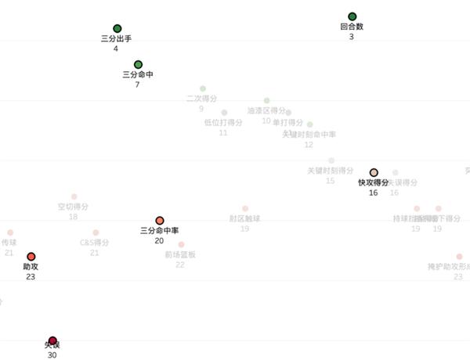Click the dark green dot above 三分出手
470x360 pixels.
click(117, 29)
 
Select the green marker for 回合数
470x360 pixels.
click(352, 16)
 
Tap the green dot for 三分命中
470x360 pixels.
click(138, 64)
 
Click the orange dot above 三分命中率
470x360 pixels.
click(160, 221)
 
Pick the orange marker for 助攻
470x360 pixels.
click(31, 257)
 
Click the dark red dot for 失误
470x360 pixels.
click(52, 341)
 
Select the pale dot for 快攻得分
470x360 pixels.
click(374, 173)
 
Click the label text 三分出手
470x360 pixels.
click(116, 38)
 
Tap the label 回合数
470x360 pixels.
click(352, 27)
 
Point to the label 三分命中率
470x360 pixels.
click(160, 231)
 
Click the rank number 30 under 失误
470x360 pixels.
click(52, 355)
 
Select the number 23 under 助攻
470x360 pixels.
click(31, 276)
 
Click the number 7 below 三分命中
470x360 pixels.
click(137, 84)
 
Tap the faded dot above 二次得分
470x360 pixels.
click(203, 88)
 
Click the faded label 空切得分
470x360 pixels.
click(73, 207)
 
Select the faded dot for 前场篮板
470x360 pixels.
click(181, 245)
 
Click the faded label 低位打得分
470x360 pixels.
click(223, 122)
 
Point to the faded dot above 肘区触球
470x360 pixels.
click(245, 209)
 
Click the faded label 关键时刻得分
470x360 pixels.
click(330, 170)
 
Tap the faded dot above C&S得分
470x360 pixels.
click(96, 233)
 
